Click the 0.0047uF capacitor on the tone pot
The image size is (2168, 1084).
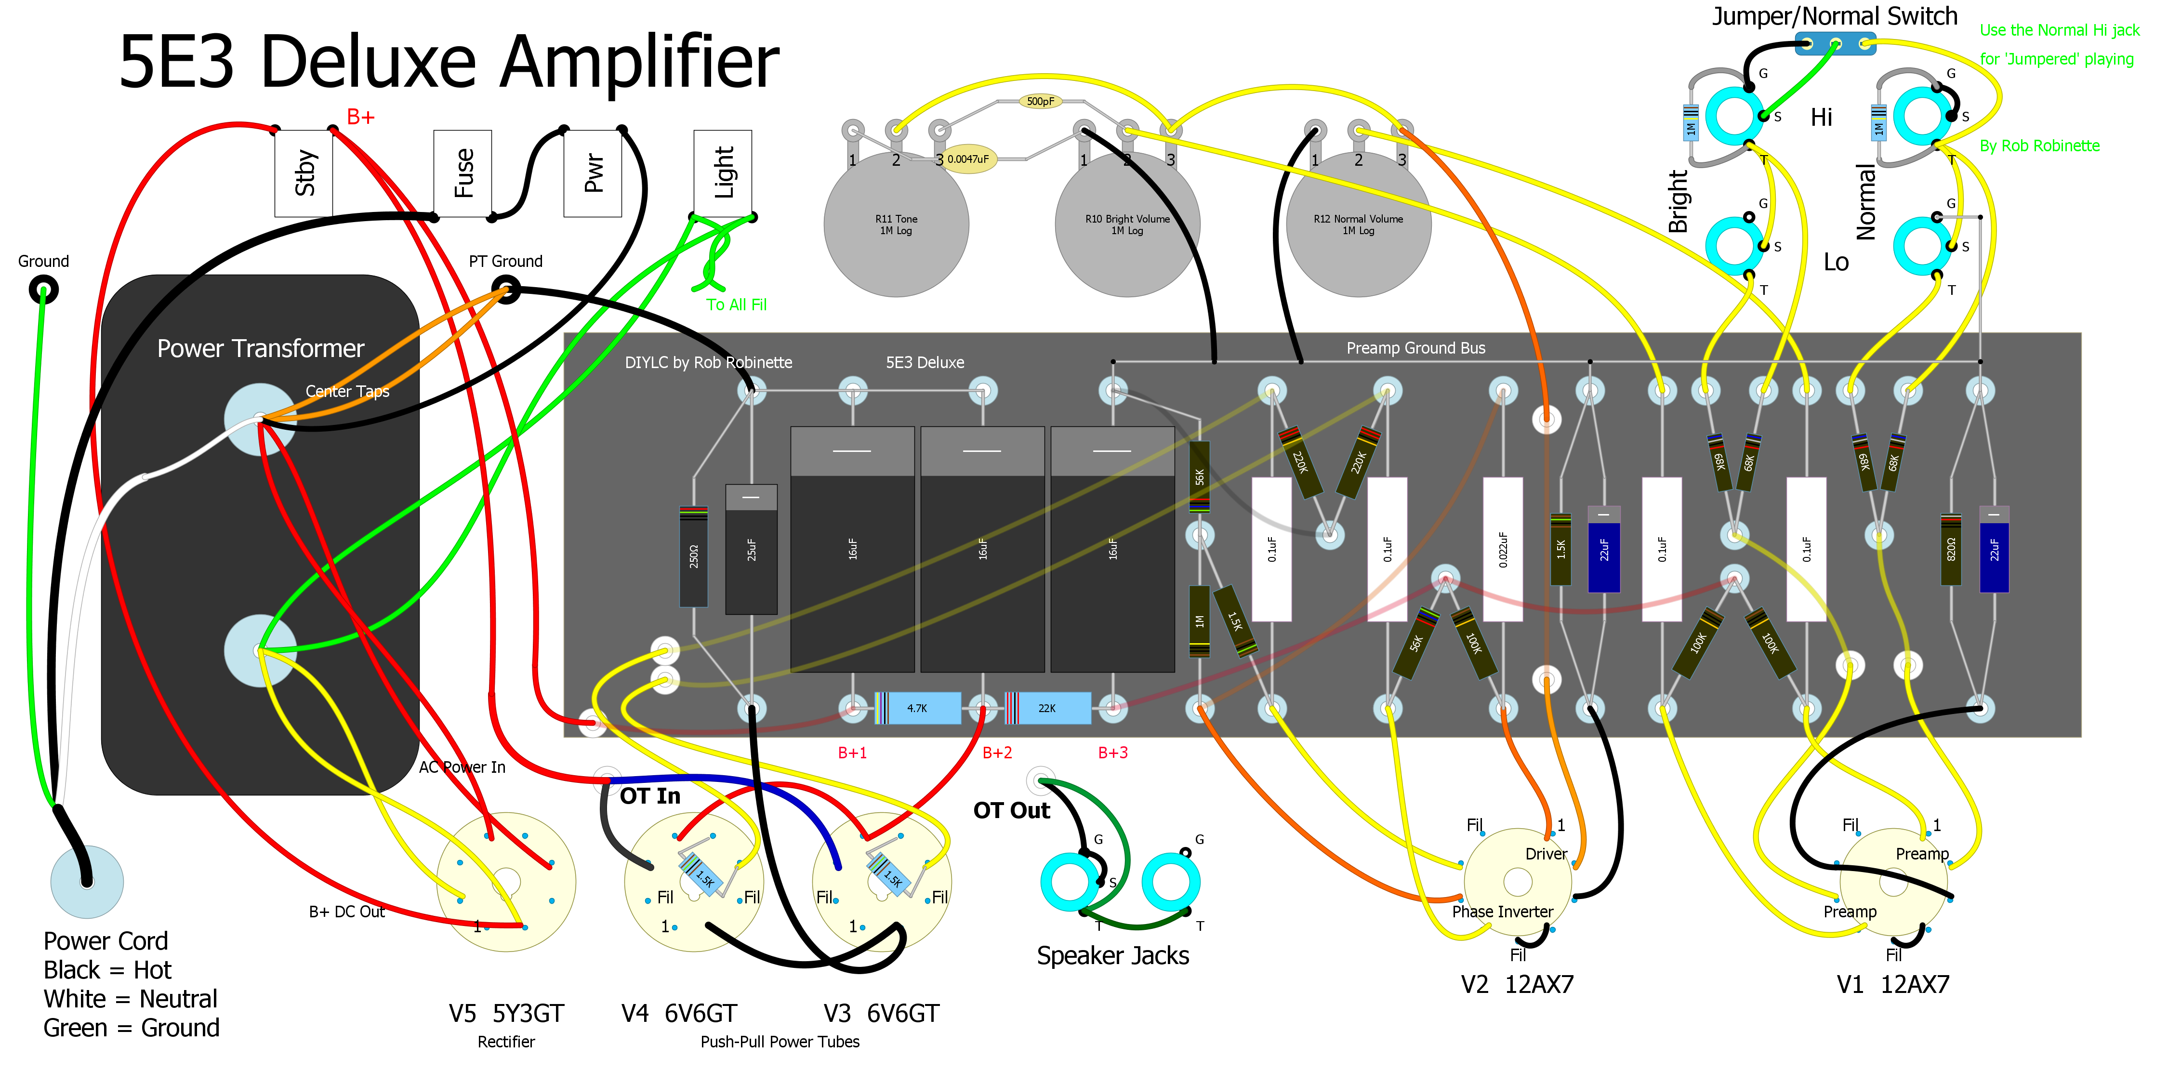968,159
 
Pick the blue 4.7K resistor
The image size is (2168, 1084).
917,708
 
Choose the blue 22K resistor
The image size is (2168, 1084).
1047,708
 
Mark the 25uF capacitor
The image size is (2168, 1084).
751,549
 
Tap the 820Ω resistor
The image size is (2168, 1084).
1951,549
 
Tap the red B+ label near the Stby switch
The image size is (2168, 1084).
360,117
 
